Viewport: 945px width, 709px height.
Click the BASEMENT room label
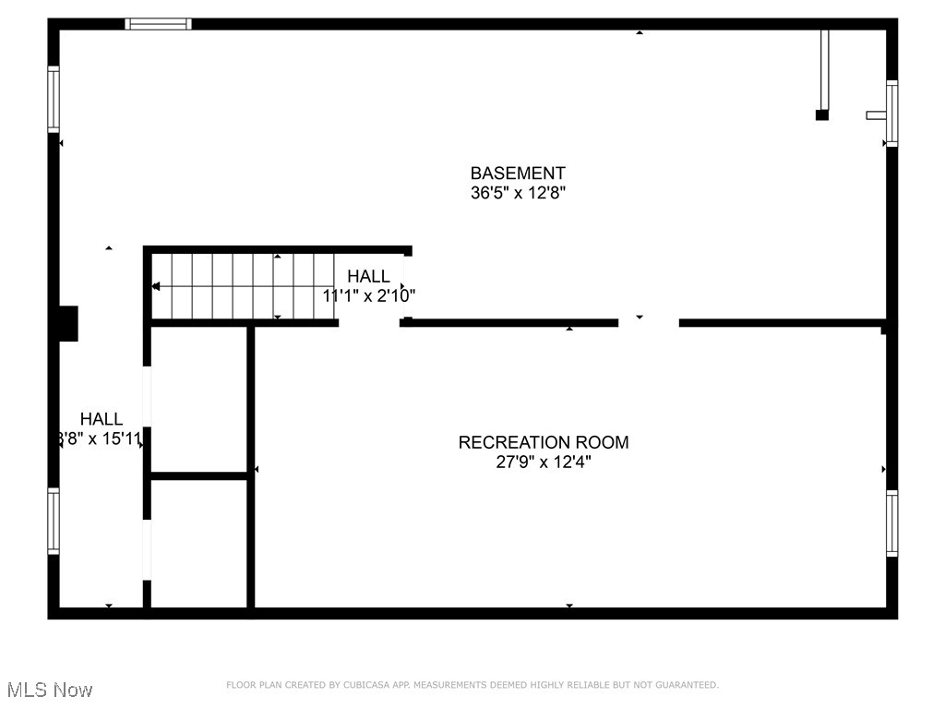pos(518,173)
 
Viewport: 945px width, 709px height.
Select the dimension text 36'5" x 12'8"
pos(518,194)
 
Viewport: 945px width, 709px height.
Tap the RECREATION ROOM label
pos(544,442)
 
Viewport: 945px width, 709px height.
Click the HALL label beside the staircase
pos(368,276)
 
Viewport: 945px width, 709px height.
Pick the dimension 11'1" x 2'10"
pos(369,296)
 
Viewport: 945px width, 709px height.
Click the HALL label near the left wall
pos(101,419)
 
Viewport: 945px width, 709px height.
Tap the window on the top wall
pos(159,24)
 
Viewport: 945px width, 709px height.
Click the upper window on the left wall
pos(54,99)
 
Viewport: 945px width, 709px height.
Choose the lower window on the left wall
pos(54,521)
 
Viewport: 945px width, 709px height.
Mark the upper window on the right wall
pos(891,114)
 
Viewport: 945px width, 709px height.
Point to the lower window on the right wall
pos(891,523)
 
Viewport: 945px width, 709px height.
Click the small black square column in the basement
pos(821,115)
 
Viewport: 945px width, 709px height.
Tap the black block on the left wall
pos(68,324)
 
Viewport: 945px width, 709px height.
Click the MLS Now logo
pos(50,690)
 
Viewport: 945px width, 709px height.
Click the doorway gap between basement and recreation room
pos(648,322)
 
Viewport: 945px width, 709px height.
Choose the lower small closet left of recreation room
pos(198,542)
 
